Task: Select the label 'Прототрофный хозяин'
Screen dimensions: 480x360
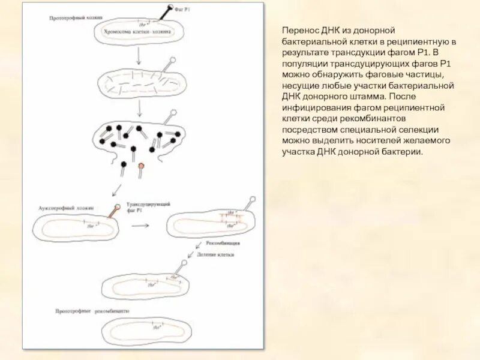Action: [71, 19]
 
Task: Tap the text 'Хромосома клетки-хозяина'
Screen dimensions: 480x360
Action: [137, 31]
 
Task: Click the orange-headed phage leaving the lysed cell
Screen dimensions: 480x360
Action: [141, 165]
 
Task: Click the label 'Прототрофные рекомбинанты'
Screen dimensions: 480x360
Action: [92, 311]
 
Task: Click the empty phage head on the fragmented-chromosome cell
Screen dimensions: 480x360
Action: [174, 60]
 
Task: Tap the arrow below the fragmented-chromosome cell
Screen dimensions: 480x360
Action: [140, 108]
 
